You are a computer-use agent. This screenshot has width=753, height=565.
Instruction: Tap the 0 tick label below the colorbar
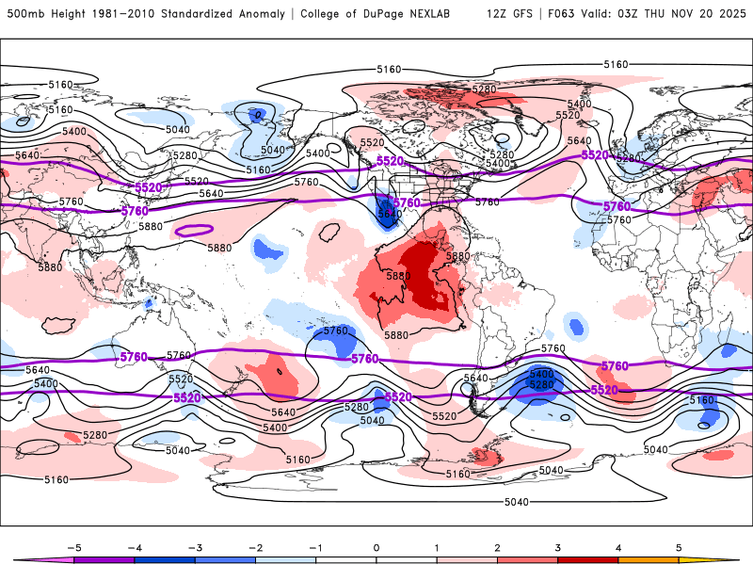pos(376,546)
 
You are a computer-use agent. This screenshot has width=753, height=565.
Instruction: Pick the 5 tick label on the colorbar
pos(680,546)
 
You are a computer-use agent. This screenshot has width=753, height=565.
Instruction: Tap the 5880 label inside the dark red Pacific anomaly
pos(398,276)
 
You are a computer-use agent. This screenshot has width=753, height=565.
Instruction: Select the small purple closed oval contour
pos(195,229)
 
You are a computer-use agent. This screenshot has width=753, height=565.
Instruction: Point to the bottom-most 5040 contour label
pos(517,501)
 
